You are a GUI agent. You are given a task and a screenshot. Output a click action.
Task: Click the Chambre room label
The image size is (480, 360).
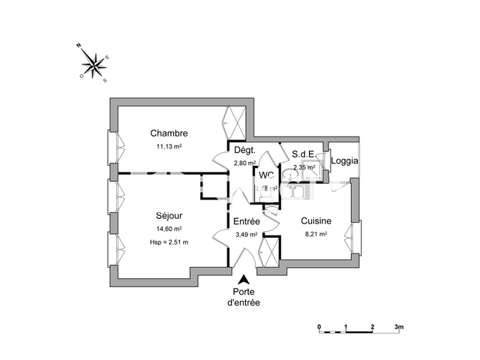(x=168, y=133)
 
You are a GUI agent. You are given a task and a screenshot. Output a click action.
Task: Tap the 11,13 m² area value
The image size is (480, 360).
(x=169, y=147)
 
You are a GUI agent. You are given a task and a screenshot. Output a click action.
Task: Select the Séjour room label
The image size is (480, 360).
(x=169, y=213)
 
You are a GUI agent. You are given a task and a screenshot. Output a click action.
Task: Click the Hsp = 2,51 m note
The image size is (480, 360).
(x=169, y=242)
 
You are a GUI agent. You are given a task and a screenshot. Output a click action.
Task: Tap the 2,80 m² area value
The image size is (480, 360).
(x=244, y=163)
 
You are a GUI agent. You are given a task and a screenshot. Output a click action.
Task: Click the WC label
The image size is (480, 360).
(x=266, y=175)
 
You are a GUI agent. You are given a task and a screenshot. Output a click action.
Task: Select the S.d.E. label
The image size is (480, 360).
(x=304, y=154)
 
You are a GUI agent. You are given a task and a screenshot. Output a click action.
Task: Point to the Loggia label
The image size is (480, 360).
(x=344, y=160)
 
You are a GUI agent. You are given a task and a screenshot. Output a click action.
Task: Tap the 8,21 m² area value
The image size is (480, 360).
(x=316, y=234)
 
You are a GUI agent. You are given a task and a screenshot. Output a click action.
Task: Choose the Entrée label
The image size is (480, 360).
(x=246, y=221)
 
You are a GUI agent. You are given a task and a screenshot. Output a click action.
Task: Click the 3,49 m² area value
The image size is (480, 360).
(x=247, y=234)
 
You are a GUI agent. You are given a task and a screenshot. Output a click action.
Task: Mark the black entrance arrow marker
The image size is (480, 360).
(x=241, y=278)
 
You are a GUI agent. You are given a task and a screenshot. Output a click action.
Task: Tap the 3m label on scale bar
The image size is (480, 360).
(x=399, y=327)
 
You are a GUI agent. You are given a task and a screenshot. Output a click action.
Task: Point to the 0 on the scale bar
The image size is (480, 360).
(x=319, y=327)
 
